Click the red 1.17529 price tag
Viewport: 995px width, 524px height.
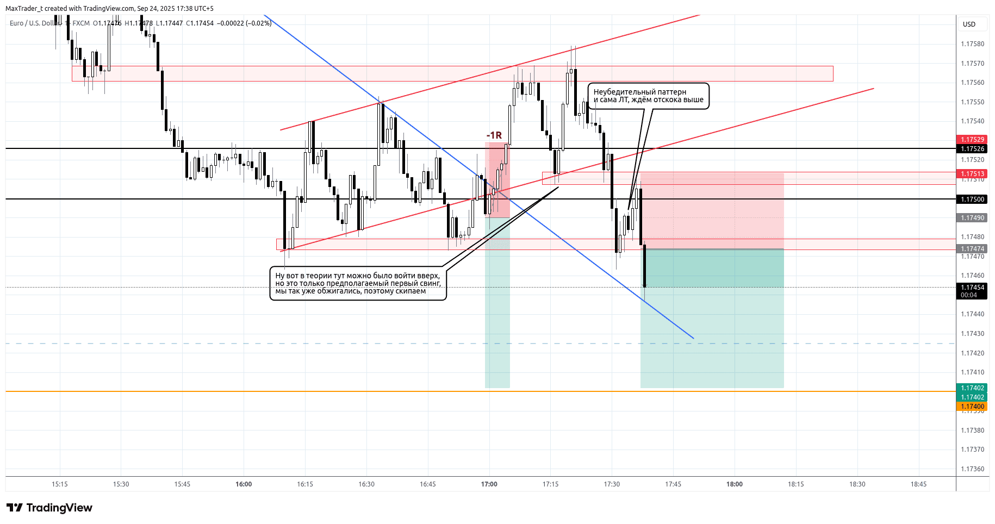click(972, 140)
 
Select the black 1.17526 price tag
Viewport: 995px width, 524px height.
click(972, 149)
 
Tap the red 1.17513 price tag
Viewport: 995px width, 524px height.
click(972, 174)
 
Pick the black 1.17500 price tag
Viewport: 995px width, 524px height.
click(972, 199)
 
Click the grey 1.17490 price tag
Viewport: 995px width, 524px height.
click(972, 218)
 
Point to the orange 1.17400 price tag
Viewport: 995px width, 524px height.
click(972, 407)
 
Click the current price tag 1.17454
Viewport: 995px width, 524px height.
click(972, 288)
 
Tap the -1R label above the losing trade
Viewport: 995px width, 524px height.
click(494, 135)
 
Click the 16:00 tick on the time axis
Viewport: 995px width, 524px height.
click(244, 484)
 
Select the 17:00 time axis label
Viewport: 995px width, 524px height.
click(489, 484)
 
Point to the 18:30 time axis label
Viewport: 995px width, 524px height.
click(857, 484)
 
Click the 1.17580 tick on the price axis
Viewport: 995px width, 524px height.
click(972, 44)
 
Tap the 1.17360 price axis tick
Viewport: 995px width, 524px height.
click(972, 469)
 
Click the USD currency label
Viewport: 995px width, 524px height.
click(969, 24)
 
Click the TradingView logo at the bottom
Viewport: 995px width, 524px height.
click(49, 508)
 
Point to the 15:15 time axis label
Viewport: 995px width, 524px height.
click(60, 484)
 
